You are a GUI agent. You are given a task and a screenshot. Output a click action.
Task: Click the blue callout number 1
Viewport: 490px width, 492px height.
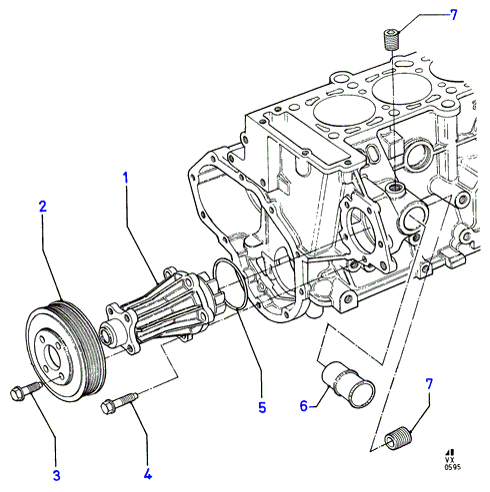pyautogui.click(x=125, y=178)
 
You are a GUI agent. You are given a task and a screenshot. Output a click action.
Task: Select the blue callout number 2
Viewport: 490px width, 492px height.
pyautogui.click(x=43, y=207)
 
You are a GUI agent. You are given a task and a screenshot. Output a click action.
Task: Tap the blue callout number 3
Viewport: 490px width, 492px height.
pyautogui.click(x=57, y=475)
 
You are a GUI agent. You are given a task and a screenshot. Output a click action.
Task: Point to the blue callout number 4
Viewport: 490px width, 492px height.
pyautogui.click(x=148, y=474)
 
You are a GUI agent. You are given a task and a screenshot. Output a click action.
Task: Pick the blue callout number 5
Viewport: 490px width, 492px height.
pyautogui.click(x=262, y=407)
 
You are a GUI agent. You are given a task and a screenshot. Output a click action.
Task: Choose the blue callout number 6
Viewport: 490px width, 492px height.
pyautogui.click(x=303, y=406)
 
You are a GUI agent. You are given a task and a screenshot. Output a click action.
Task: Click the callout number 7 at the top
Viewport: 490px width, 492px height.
pyautogui.click(x=453, y=15)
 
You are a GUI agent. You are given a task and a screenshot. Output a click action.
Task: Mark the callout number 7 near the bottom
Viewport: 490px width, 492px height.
pyautogui.click(x=429, y=384)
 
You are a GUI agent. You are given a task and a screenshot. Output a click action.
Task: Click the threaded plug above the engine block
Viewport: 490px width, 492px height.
pyautogui.click(x=391, y=39)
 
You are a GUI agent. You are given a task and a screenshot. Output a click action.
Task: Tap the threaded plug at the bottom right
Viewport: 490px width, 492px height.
pyautogui.click(x=399, y=438)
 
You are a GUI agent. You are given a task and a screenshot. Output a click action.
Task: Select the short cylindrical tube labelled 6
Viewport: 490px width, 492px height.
pyautogui.click(x=348, y=384)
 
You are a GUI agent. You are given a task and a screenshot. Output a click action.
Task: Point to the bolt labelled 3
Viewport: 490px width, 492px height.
pyautogui.click(x=26, y=390)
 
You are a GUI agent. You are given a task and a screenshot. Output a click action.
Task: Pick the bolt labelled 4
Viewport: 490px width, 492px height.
pyautogui.click(x=119, y=402)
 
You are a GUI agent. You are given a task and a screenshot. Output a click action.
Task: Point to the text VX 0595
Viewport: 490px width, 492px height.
pyautogui.click(x=452, y=463)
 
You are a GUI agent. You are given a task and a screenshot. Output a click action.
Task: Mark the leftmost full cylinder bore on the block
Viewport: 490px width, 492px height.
pyautogui.click(x=344, y=112)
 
